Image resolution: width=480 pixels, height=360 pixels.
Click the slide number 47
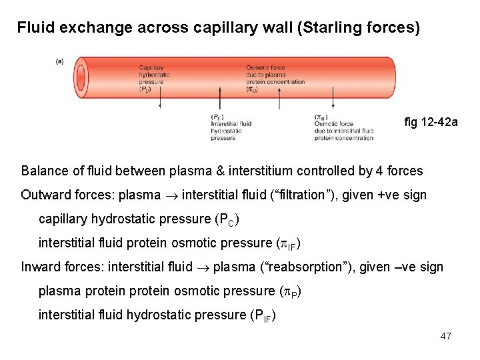point(445,336)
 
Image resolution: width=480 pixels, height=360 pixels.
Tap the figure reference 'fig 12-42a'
point(431,122)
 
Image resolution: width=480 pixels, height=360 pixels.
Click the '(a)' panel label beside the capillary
point(59,61)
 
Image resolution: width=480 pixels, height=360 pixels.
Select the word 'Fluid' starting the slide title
point(34,28)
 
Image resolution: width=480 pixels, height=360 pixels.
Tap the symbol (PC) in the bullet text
point(226,219)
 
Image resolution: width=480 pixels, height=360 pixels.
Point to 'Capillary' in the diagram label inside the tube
point(152,67)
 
